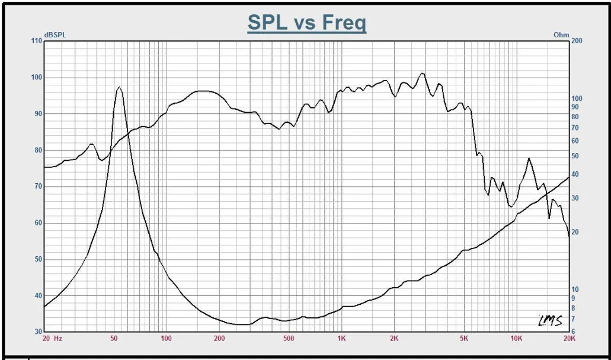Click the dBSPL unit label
coord(55,35)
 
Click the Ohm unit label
coord(561,35)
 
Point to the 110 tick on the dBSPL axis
coord(36,41)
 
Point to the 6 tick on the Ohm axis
coord(573,332)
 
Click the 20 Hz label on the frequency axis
coord(52,339)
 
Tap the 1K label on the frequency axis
coord(341,339)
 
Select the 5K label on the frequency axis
coord(463,339)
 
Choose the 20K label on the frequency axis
coord(568,339)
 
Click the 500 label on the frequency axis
coord(289,339)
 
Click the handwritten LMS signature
coord(549,320)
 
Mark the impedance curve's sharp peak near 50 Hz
coord(119,87)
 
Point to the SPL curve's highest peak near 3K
coord(422,74)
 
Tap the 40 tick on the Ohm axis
coord(575,174)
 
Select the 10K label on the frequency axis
coord(516,339)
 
